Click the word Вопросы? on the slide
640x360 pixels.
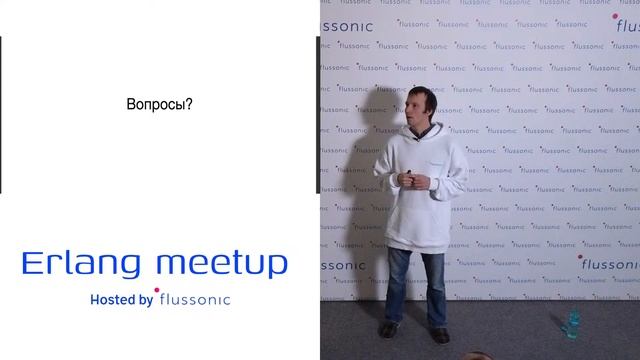tap(159, 103)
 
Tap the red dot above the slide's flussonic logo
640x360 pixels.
tap(157, 291)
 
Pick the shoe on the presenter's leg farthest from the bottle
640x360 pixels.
tap(391, 329)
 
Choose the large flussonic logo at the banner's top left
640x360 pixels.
tap(347, 27)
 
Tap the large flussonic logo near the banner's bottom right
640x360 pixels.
tap(610, 266)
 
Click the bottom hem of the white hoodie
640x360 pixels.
tap(415, 246)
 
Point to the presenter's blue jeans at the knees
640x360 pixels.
tap(416, 285)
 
